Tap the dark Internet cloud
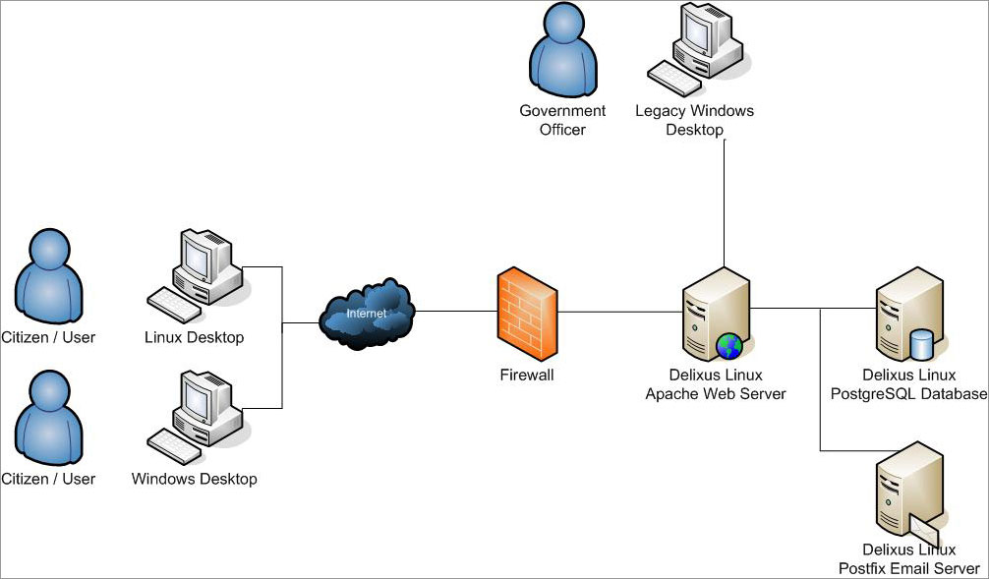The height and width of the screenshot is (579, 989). [x=367, y=314]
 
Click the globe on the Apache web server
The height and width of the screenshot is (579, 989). [x=728, y=346]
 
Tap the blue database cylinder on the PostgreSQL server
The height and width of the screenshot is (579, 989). [x=922, y=345]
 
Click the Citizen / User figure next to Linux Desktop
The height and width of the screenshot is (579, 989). [x=48, y=278]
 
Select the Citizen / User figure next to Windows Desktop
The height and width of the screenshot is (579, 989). [x=48, y=419]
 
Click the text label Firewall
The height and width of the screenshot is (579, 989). [x=527, y=375]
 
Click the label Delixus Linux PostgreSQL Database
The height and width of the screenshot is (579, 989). [x=923, y=384]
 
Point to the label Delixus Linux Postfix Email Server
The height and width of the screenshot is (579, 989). [x=909, y=559]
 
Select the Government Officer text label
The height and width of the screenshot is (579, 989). [x=562, y=120]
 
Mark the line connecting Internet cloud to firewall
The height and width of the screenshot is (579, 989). [x=456, y=312]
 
